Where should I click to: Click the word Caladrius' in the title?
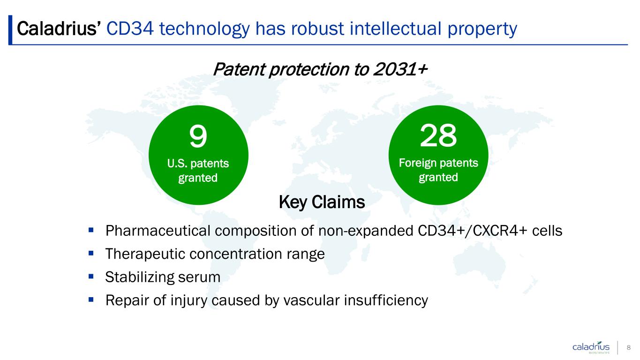tap(59, 29)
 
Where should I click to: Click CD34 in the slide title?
tap(130, 29)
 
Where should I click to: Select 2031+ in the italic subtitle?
tap(400, 69)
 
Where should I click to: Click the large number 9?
tap(198, 136)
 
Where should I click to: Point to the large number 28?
tap(438, 135)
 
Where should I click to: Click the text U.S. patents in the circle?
tap(198, 164)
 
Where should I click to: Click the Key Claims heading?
tap(322, 202)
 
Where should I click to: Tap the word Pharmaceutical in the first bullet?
tap(158, 231)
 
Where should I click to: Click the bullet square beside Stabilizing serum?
tap(91, 276)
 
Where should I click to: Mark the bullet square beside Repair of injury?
tap(91, 300)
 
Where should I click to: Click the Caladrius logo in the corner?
tap(591, 347)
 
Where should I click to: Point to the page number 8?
tap(629, 347)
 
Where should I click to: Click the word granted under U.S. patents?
tap(198, 178)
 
